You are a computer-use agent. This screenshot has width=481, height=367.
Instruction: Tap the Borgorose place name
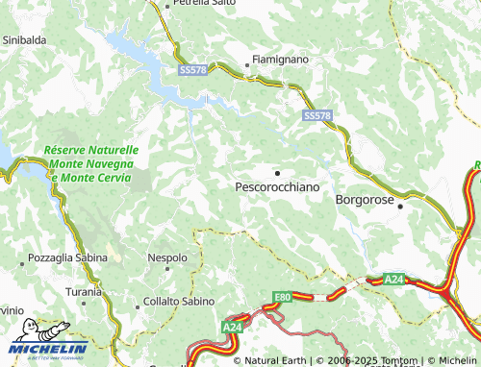(366, 201)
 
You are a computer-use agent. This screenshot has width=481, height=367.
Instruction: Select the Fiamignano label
(281, 60)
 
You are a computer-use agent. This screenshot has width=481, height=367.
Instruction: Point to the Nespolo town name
(167, 257)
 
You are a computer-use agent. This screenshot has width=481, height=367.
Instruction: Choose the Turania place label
(84, 291)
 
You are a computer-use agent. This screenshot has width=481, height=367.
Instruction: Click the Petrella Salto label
(204, 5)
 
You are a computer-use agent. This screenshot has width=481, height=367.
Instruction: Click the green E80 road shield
(282, 297)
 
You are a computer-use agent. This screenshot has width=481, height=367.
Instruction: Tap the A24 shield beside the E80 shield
(232, 328)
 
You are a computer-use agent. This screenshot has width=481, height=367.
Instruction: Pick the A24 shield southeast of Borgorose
(393, 280)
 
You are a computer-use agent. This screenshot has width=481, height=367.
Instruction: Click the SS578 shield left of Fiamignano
(193, 71)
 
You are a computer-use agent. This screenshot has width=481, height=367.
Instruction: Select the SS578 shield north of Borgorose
(317, 115)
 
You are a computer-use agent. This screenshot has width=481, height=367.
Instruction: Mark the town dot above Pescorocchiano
(277, 172)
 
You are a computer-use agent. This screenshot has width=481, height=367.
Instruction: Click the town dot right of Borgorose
(402, 205)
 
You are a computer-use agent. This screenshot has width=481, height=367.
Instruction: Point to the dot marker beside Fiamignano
(248, 66)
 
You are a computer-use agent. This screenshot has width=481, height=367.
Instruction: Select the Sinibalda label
(26, 40)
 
